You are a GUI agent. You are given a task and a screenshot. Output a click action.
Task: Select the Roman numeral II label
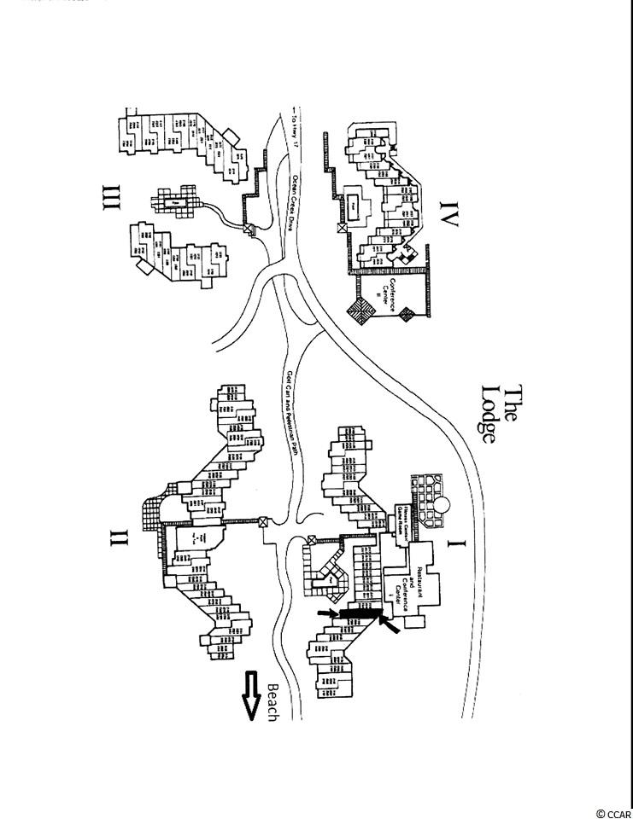pos(118,537)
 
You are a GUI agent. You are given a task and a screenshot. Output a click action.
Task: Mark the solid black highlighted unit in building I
pos(359,613)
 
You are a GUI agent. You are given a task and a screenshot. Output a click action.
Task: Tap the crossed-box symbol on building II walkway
pos(264,522)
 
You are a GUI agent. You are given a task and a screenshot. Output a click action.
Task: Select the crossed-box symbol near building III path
pos(249,229)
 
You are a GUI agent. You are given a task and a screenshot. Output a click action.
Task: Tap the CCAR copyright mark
pos(614,813)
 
